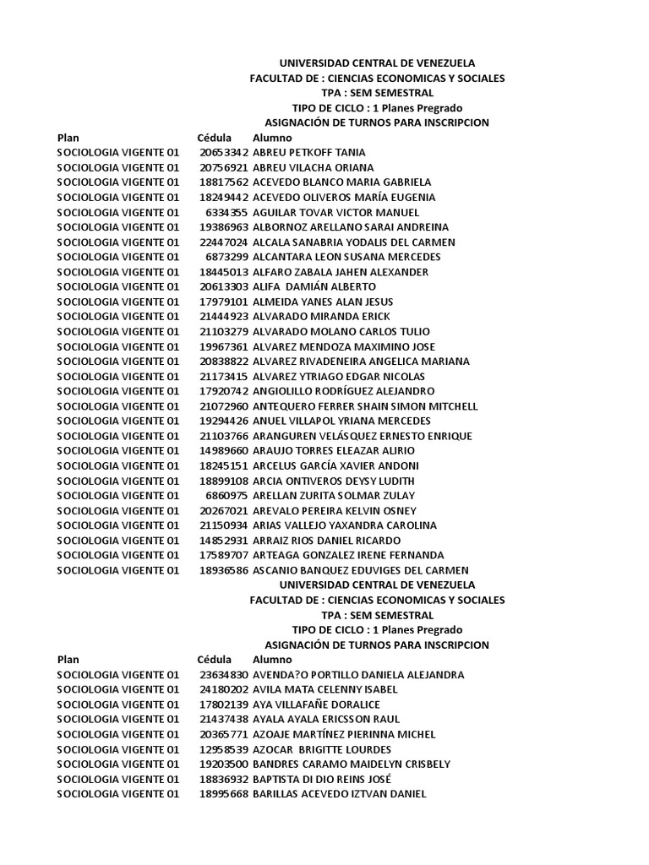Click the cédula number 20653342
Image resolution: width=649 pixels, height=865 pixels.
(x=224, y=152)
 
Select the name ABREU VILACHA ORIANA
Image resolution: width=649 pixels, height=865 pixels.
(x=313, y=167)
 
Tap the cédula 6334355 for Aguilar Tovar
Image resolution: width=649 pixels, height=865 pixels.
(x=226, y=212)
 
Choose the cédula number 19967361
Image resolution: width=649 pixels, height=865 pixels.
(x=224, y=346)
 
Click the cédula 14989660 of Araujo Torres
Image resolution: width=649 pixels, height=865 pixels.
(x=224, y=451)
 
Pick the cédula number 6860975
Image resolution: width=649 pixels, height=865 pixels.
(x=226, y=496)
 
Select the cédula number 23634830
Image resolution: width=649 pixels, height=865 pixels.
(x=224, y=675)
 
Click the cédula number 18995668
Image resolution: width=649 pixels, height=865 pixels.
(x=224, y=794)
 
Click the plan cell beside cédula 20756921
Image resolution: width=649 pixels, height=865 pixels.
(x=118, y=167)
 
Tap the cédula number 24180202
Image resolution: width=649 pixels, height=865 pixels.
(x=224, y=689)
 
